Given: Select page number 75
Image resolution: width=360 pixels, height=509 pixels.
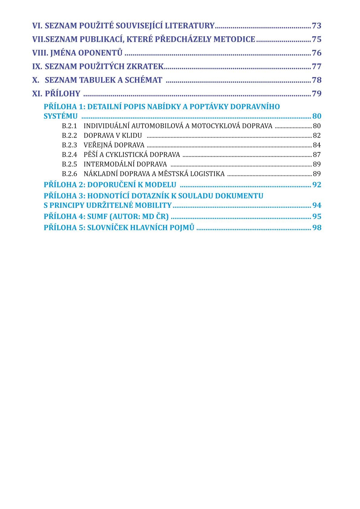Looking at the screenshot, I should (x=316, y=40).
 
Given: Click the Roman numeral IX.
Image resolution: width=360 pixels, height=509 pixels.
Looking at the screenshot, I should (x=37, y=67).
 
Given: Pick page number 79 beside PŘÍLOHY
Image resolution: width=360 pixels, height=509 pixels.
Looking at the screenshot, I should (x=316, y=94).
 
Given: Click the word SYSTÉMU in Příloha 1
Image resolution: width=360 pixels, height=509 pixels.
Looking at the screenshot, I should (x=61, y=116).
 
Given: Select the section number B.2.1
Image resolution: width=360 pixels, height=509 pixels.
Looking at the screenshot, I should (x=69, y=126).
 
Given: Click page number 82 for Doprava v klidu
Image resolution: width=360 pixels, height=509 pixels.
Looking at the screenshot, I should (x=317, y=135).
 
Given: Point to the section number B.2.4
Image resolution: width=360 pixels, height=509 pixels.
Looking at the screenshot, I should (x=69, y=155).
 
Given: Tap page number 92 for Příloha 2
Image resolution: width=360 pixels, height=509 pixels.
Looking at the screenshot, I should (x=317, y=185).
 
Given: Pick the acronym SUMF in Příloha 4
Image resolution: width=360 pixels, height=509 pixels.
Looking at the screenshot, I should (x=97, y=217).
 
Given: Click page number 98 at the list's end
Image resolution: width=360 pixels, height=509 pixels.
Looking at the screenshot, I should (x=317, y=228).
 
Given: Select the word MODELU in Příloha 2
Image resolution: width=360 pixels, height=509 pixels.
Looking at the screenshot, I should (x=161, y=185).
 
